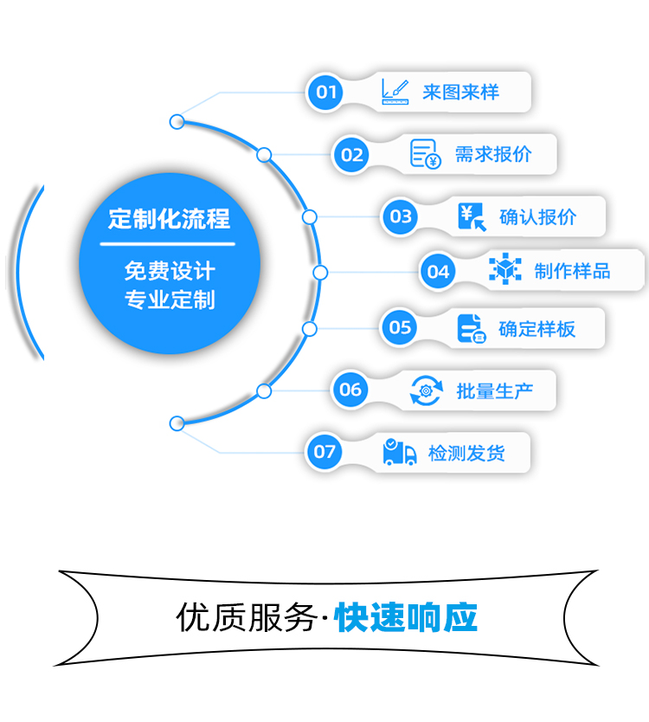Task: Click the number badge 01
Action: point(325,92)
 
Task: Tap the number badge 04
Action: point(438,272)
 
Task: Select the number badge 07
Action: point(324,452)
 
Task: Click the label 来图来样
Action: point(460,92)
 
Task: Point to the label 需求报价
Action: point(493,154)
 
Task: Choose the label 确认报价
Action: point(537,217)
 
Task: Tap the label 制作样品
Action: point(572,271)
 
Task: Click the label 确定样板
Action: point(537,329)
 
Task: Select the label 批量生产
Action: point(495,391)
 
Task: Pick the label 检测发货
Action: point(466,454)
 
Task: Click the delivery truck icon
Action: point(400,452)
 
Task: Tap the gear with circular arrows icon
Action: point(427,390)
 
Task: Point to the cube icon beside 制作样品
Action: point(505,268)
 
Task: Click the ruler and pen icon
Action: point(395,92)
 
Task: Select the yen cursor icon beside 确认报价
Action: point(472,217)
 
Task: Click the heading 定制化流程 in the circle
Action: point(169,219)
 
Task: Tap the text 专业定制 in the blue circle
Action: point(170,300)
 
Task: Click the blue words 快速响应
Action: point(406,617)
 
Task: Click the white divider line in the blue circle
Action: point(168,244)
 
